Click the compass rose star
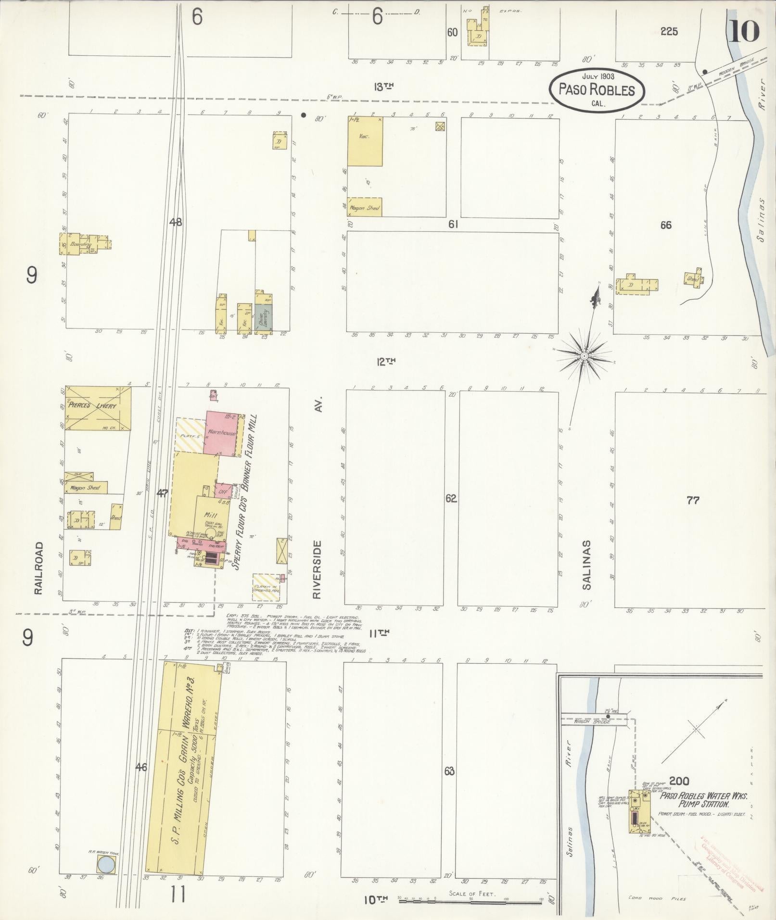(x=584, y=356)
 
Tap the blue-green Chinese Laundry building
(x=263, y=318)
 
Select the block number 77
(x=693, y=501)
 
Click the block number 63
(x=449, y=771)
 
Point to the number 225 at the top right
(x=669, y=32)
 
